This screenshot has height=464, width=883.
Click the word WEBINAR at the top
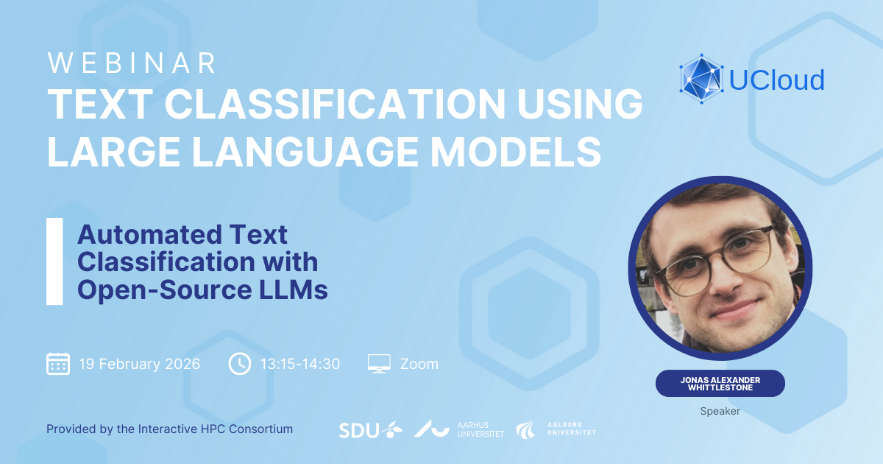[x=132, y=63]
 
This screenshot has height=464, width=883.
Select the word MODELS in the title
[x=516, y=152]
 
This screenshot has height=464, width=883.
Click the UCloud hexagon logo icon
[x=701, y=79]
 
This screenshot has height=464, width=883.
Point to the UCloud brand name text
[x=776, y=80]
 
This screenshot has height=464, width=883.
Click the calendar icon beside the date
[x=58, y=363]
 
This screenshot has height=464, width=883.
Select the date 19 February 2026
[x=140, y=364]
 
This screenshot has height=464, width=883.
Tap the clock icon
[x=240, y=363]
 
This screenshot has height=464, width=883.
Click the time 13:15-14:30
[x=300, y=364]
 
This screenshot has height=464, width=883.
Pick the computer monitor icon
[x=379, y=363]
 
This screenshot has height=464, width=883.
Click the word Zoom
[x=419, y=364]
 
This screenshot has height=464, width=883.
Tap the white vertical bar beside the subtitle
[x=54, y=261]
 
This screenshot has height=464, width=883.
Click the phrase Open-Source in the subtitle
[x=165, y=290]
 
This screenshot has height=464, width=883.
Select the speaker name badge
[x=720, y=384]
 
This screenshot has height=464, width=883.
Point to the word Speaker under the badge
[x=720, y=411]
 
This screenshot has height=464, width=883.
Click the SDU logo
[x=371, y=430]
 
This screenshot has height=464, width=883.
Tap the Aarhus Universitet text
[x=480, y=429]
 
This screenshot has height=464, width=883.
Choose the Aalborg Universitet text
[x=572, y=429]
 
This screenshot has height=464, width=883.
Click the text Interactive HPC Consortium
[x=215, y=429]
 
